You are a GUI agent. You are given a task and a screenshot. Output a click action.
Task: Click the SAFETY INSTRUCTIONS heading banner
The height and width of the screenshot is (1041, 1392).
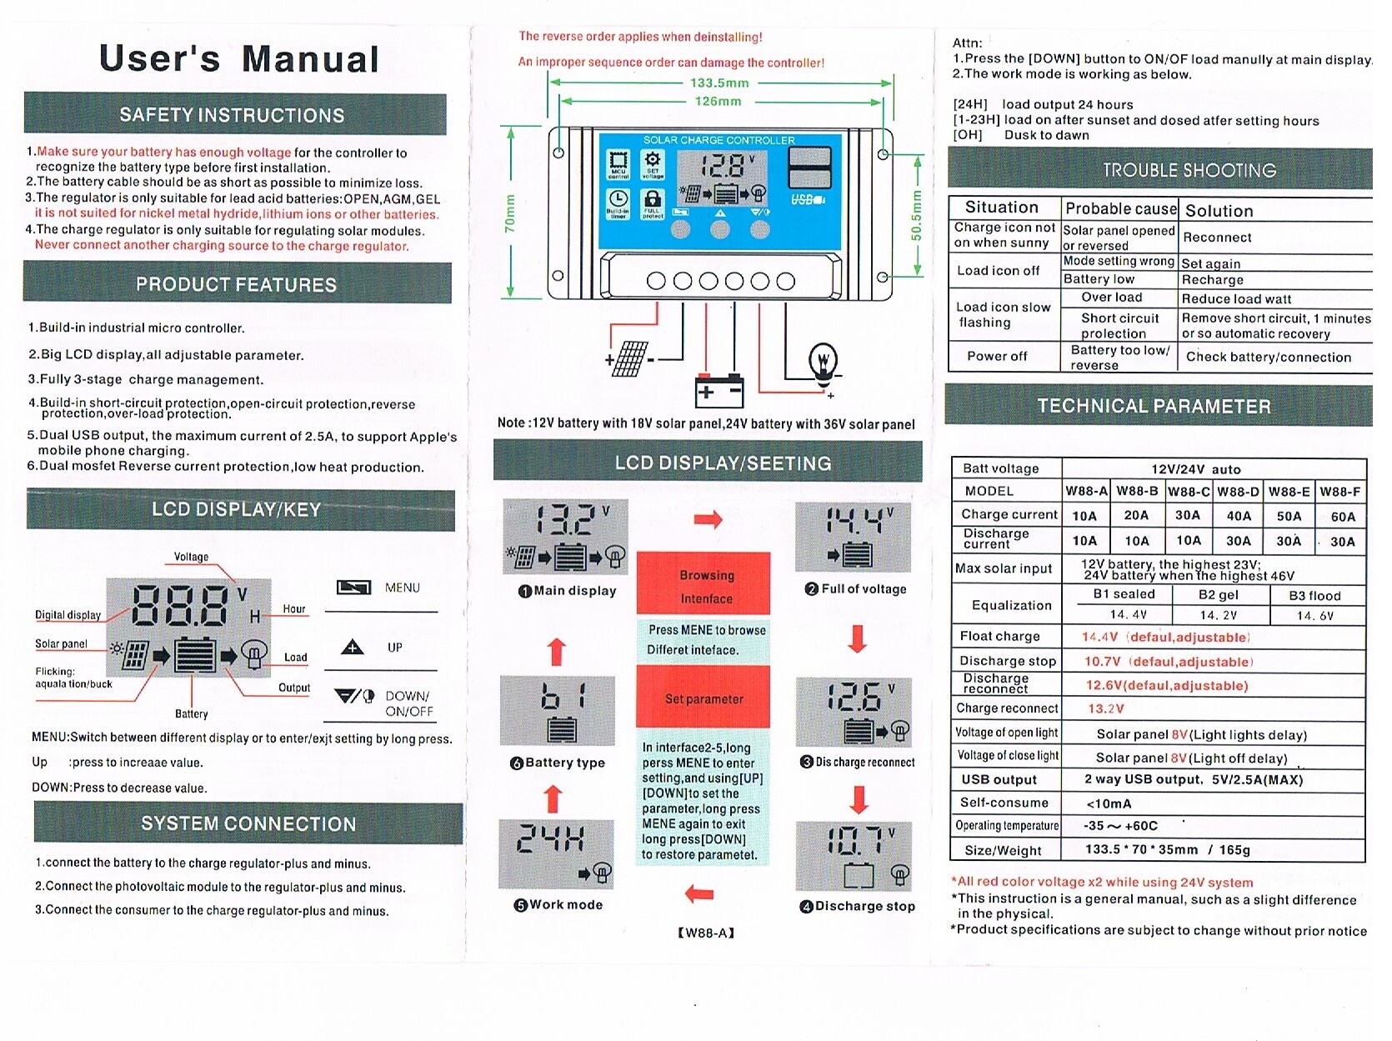coord(234,114)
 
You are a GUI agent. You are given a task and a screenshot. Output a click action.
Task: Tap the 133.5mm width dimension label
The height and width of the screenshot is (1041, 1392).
coord(719,83)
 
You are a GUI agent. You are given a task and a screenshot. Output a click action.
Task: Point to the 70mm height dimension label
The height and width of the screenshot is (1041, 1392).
coord(510,213)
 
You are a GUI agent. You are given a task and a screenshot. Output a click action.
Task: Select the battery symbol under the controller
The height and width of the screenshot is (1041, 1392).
coord(719,390)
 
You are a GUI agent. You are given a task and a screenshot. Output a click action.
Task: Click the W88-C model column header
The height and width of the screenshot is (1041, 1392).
coord(1188,492)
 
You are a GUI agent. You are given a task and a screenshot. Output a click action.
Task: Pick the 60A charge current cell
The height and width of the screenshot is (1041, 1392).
coord(1342,517)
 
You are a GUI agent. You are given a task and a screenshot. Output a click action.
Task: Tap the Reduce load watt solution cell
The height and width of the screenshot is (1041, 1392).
coord(1236,299)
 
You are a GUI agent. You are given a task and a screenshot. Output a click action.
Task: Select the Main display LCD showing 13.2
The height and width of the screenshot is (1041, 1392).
coord(566,537)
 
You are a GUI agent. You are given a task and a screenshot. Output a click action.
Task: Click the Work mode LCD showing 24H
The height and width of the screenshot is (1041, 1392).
coord(556,853)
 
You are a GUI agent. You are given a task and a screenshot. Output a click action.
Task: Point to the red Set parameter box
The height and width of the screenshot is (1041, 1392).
coord(704,698)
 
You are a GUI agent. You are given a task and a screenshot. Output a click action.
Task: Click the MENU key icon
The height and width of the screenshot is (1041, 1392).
coord(353,588)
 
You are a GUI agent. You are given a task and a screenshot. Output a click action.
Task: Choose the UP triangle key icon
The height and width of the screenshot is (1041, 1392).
coord(353,648)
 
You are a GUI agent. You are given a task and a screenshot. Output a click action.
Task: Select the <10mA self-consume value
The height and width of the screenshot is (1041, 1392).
coord(1109,803)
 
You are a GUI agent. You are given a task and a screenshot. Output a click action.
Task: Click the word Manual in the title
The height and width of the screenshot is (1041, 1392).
coord(310,59)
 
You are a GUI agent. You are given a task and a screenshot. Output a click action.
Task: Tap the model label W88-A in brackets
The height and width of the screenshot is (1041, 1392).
coord(706,933)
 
